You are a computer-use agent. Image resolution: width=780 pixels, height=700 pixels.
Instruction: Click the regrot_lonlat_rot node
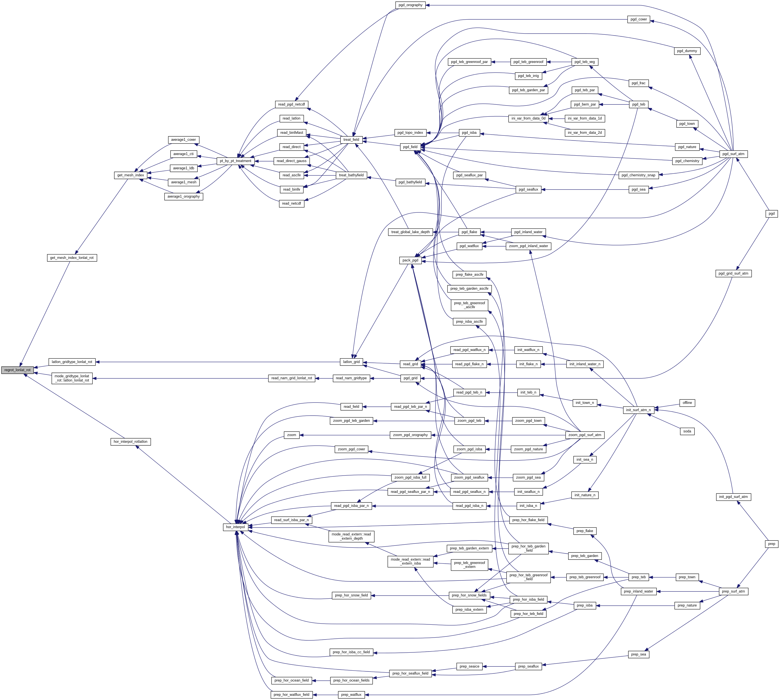(x=17, y=370)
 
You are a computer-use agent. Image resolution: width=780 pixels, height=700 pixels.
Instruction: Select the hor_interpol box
(x=235, y=527)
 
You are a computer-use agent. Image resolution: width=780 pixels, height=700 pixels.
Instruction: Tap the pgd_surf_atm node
(x=733, y=154)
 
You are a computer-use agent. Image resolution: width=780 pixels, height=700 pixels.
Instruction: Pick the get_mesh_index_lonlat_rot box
(x=72, y=258)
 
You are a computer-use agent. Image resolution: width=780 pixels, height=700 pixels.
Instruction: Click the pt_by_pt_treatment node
(x=235, y=161)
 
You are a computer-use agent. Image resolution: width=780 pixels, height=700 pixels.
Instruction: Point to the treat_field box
(x=351, y=140)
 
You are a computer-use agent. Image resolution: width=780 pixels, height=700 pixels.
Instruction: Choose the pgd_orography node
(x=410, y=5)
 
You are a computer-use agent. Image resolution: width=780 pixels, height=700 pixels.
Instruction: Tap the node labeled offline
(x=687, y=403)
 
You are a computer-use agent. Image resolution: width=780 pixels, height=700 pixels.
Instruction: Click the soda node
(x=687, y=431)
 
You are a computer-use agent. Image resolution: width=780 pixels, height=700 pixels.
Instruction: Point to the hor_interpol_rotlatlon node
(x=131, y=442)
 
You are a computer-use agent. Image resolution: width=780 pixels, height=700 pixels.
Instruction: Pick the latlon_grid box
(x=351, y=362)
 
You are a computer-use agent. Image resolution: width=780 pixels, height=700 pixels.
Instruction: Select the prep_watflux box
(x=351, y=695)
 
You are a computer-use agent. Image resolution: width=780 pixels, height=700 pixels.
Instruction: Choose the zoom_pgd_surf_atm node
(x=584, y=435)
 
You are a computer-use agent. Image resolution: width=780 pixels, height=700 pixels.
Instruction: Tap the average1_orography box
(x=184, y=196)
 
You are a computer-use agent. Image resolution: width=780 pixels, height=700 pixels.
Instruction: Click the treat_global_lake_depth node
(x=410, y=232)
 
